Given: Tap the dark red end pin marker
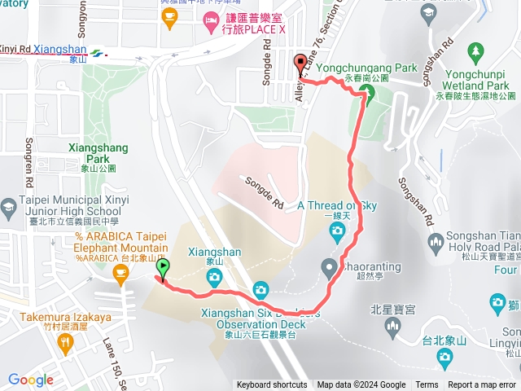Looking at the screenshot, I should pyautogui.click(x=300, y=64).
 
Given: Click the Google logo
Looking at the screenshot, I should pyautogui.click(x=30, y=380).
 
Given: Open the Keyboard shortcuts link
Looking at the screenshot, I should pyautogui.click(x=272, y=385).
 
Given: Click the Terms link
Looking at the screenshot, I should pyautogui.click(x=427, y=385).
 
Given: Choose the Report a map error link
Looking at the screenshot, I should pyautogui.click(x=482, y=385).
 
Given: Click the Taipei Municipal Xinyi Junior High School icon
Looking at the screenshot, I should pyautogui.click(x=8, y=205).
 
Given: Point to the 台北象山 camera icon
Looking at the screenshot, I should pyautogui.click(x=444, y=357).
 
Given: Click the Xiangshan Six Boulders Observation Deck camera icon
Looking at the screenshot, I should pyautogui.click(x=260, y=289).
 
